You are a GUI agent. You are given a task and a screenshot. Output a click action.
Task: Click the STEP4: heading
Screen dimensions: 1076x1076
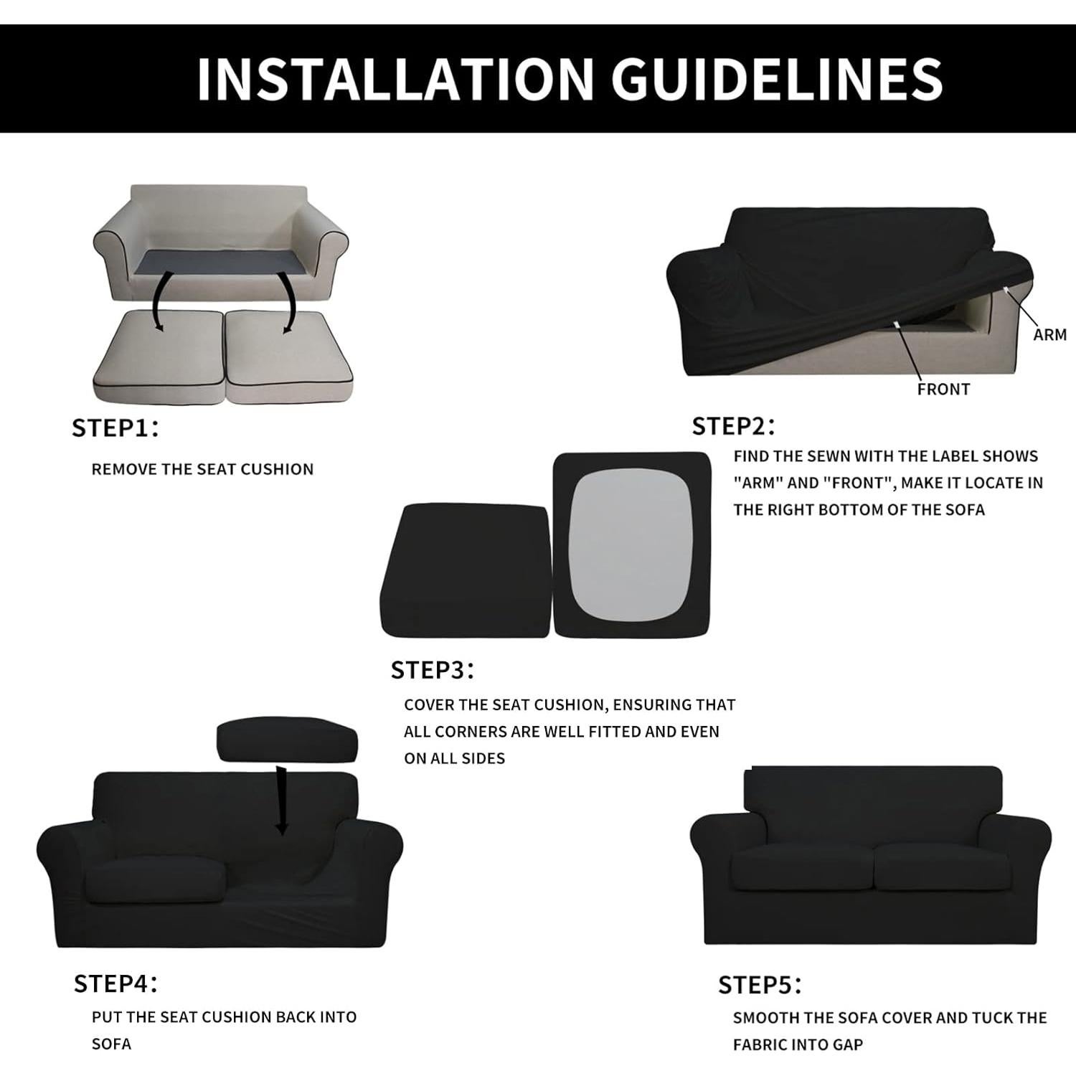[x=115, y=983]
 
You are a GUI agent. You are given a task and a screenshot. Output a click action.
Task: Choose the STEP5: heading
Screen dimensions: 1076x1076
[x=759, y=985]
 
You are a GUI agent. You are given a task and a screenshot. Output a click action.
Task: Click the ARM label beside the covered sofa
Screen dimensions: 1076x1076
[x=1049, y=334]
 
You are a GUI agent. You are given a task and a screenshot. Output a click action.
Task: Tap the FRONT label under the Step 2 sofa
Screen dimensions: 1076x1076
[x=943, y=390]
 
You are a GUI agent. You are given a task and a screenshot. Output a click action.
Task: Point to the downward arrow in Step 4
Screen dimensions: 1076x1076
[x=281, y=800]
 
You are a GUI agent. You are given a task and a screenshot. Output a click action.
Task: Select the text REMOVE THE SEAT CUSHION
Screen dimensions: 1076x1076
[x=202, y=469]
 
